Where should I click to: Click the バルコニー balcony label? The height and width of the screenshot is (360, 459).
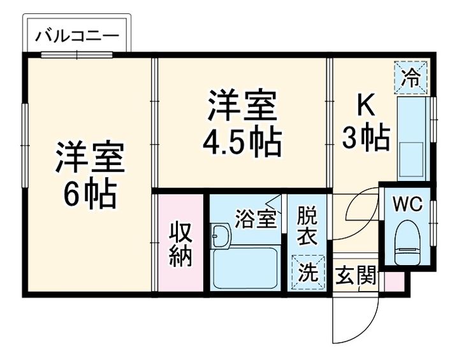(x=76, y=34)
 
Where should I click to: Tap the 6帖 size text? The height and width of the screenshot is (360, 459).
(x=89, y=194)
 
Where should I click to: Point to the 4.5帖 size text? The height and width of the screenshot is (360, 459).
(x=242, y=143)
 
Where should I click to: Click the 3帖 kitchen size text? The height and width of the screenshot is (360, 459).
(x=366, y=138)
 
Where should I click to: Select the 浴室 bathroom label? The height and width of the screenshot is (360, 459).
(x=256, y=219)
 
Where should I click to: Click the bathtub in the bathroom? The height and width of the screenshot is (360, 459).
(x=245, y=267)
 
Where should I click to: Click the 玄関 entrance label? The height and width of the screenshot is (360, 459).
(x=356, y=278)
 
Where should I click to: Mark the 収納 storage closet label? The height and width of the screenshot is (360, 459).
(x=180, y=246)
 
